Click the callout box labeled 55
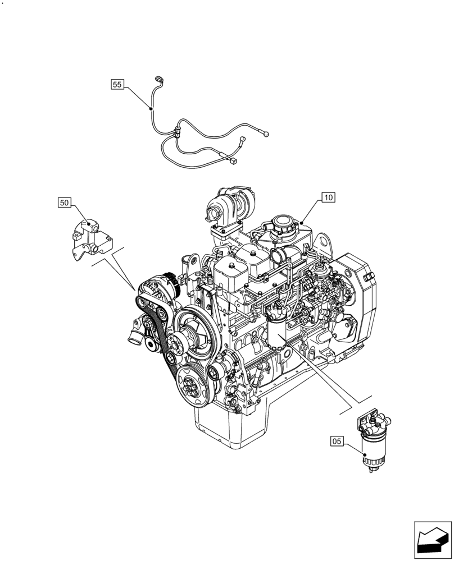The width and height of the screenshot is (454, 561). coord(117,85)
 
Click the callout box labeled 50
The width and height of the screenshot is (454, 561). coord(65,202)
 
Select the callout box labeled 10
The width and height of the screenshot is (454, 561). coord(329,197)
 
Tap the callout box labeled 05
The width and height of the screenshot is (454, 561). coord(337,442)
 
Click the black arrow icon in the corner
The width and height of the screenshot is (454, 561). coord(433,540)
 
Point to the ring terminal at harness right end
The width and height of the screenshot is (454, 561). coord(267,134)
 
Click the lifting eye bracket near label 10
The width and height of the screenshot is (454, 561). coord(321,242)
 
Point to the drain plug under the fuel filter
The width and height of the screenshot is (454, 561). coord(370,474)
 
